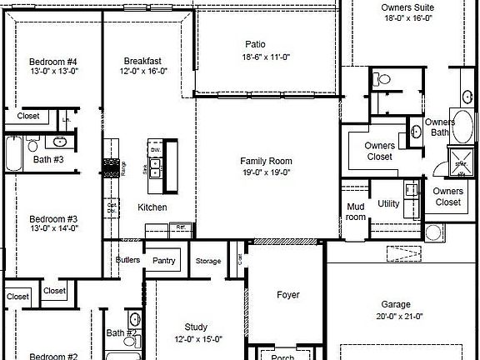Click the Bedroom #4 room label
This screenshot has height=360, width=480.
pos(53,62)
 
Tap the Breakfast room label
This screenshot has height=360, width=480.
pos(142,61)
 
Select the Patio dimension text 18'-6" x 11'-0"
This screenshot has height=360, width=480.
pos(255,57)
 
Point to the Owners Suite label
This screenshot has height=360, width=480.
pos(407,7)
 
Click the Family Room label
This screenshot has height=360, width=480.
pos(266,161)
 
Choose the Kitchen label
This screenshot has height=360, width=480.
pos(152,207)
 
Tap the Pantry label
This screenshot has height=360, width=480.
pos(164,261)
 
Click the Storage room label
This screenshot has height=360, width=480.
pos(208,262)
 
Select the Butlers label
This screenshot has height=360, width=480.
pos(127,260)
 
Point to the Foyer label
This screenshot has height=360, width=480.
pos(288,295)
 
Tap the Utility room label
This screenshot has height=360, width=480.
pos(388,203)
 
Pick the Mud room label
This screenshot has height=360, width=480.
pos(356,212)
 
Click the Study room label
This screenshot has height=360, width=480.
pos(197,327)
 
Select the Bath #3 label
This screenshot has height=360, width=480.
pos(48,159)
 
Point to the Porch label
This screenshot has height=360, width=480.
pos(283,356)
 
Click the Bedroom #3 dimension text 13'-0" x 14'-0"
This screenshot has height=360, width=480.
pos(53,227)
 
